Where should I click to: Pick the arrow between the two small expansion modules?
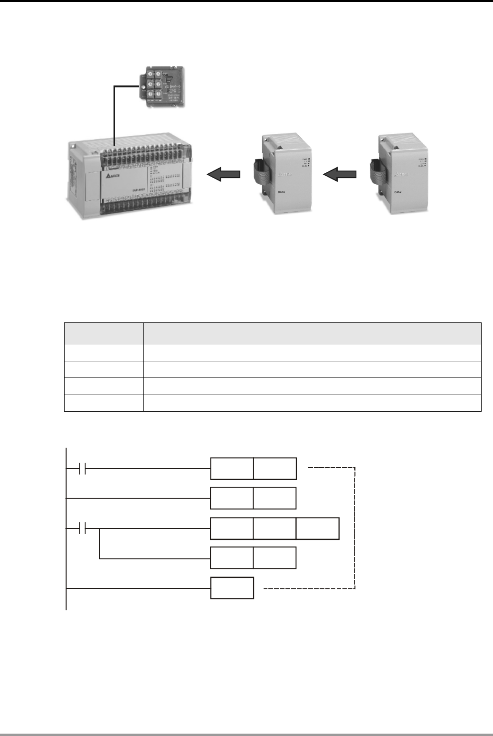(339, 175)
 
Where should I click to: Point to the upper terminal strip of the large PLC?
(142, 153)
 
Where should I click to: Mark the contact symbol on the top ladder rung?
(81, 469)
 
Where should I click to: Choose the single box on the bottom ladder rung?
(232, 588)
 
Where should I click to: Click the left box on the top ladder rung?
(232, 469)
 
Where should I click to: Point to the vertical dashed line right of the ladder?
(355, 527)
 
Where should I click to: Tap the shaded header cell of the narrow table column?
(104, 333)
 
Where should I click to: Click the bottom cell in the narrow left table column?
(104, 403)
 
